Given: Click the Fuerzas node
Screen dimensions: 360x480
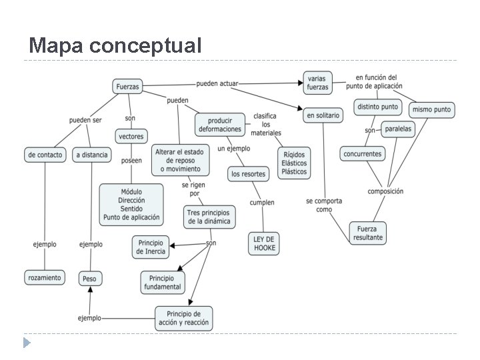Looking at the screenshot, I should point(127,87).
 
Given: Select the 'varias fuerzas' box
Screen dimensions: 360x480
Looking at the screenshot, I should point(318,83).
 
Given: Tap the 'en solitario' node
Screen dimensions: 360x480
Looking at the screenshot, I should point(323,115).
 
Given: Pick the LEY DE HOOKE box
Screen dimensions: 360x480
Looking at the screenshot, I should point(265,243).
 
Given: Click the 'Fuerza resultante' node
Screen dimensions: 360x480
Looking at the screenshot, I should point(367,233).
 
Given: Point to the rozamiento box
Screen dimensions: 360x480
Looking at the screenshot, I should point(45,277).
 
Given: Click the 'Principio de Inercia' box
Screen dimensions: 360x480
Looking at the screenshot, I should point(150,247).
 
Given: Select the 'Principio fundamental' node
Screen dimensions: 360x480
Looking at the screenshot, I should point(163,282).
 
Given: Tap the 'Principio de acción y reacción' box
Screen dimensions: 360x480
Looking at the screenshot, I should point(183,318).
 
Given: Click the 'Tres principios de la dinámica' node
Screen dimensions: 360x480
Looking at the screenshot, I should point(209,217).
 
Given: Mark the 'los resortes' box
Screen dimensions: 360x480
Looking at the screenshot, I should point(248,174).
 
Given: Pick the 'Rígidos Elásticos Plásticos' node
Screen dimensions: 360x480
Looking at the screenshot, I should point(294,162).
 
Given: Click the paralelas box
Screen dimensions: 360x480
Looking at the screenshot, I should point(398,129).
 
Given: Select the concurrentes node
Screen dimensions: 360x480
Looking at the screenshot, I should point(363,153).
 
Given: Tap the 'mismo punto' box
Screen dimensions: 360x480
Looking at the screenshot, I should point(431,109).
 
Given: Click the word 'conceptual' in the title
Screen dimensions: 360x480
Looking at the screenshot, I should point(144,45).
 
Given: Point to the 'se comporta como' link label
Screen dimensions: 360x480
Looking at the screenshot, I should point(324,205).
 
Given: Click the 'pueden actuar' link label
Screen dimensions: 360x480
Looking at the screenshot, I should point(217,84).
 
